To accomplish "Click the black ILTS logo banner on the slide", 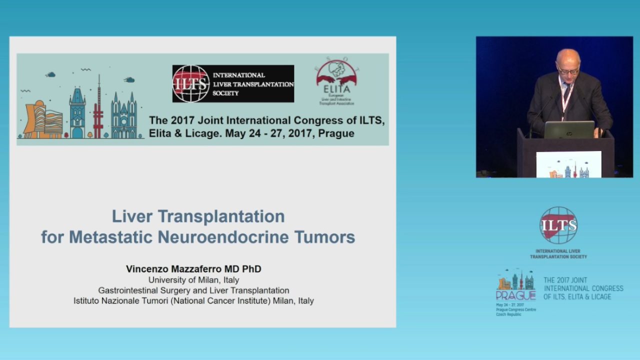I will point(233,83).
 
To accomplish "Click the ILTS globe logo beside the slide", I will point(558,225).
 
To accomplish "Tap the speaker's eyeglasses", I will point(567,70).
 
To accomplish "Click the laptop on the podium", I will point(569,129).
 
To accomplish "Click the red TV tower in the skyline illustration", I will point(98,112).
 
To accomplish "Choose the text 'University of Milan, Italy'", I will point(193,280).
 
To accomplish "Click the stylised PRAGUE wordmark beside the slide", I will point(515,295).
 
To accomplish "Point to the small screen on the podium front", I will point(569,164).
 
